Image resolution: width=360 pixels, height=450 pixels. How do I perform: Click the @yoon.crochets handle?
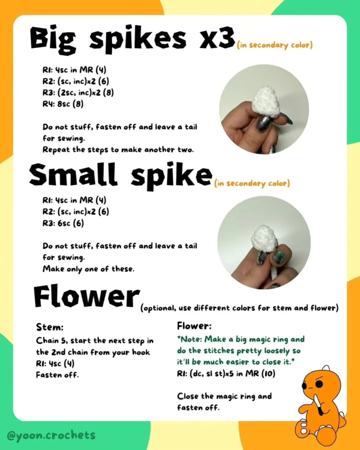pos(51,435)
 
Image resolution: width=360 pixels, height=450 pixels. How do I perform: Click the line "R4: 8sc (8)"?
pos(63,104)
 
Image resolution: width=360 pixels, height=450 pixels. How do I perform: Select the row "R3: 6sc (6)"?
pos(63,223)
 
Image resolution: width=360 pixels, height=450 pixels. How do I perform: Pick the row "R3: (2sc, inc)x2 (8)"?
pos(78,92)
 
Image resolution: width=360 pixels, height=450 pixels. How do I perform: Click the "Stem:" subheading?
pos(50,327)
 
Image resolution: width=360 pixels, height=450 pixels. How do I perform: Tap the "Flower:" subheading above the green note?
pos(194,326)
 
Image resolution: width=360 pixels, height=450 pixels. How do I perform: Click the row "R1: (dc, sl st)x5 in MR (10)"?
pos(226,374)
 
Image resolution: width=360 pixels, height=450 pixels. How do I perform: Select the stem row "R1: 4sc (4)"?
pos(55,363)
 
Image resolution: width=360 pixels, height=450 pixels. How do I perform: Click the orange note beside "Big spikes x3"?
pos(275,45)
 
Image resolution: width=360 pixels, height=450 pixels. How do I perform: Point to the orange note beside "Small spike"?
pos(252,183)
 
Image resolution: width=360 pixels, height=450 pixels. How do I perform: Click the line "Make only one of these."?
pos(88,269)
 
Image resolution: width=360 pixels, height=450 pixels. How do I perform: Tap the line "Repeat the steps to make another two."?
pos(118,150)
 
